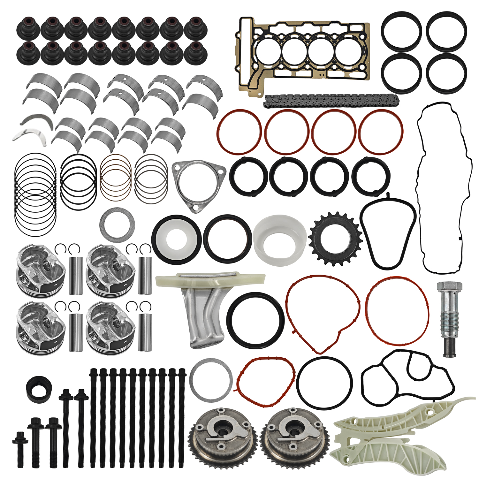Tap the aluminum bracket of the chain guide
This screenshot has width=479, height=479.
pyautogui.click(x=204, y=316)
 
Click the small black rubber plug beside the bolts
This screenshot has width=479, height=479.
pyautogui.click(x=39, y=389)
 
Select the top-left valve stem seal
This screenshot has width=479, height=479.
pyautogui.click(x=28, y=27)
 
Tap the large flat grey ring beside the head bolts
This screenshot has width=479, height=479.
pyautogui.click(x=211, y=380)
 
